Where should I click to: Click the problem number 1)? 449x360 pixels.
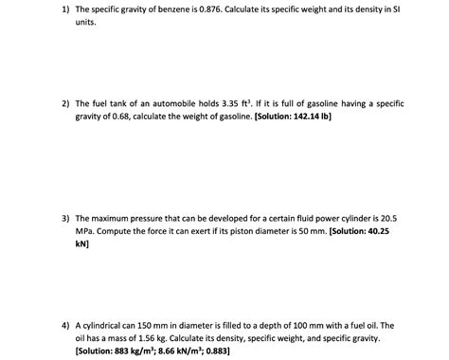(x=61, y=9)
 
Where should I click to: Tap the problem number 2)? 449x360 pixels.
(x=61, y=100)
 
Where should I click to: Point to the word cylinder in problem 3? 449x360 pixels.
(x=357, y=217)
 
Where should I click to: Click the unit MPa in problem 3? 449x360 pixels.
(x=85, y=230)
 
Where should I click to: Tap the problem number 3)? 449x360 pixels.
(x=61, y=217)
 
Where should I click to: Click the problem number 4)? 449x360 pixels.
(x=61, y=325)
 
